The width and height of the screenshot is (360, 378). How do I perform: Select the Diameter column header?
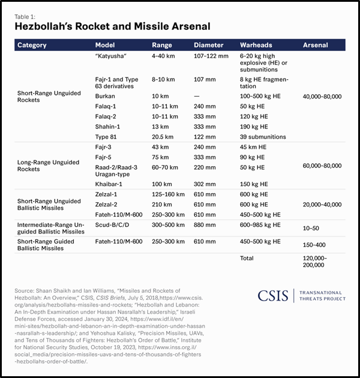208,45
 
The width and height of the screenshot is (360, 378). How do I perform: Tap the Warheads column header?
257,45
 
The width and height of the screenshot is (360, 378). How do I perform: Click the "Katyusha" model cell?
113,56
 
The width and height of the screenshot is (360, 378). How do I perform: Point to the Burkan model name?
106,96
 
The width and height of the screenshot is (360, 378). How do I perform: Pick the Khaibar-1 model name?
110,184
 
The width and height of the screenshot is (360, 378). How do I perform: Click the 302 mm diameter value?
205,184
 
